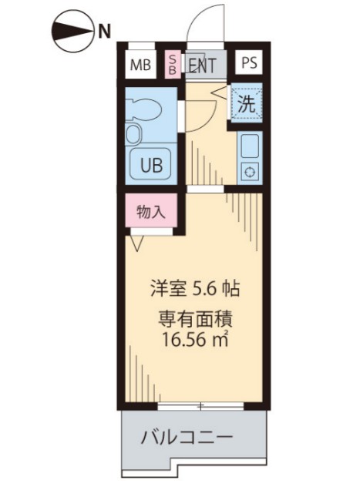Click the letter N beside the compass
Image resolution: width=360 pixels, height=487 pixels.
point(103,31)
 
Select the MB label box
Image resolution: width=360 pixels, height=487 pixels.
point(140,65)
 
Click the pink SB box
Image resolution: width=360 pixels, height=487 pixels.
point(173,65)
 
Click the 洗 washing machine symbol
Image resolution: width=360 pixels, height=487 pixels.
point(246,104)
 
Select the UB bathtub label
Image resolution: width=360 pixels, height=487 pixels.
point(150,163)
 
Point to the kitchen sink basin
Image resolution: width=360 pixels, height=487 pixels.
point(249,145)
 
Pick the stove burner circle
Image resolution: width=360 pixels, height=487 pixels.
point(249,171)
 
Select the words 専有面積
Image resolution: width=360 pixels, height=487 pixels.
point(196,316)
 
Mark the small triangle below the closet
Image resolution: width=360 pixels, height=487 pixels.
point(136,243)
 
